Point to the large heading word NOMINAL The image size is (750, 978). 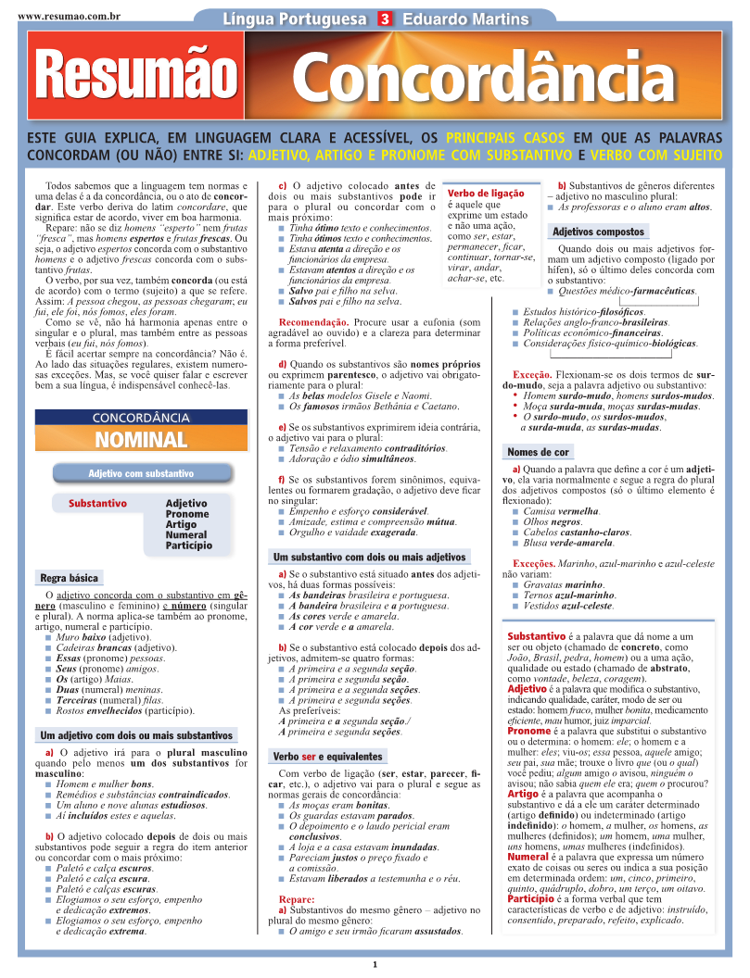(x=140, y=439)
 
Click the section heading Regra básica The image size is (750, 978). (x=69, y=578)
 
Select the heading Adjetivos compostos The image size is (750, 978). (x=598, y=232)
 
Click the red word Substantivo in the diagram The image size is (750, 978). (x=97, y=504)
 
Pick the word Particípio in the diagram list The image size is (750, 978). (x=188, y=545)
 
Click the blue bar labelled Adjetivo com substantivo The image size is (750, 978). (x=141, y=473)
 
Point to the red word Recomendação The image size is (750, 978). (x=306, y=322)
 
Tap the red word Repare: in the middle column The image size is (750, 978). (x=297, y=899)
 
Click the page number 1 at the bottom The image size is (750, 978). (x=375, y=964)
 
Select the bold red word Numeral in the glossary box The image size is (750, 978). (x=528, y=857)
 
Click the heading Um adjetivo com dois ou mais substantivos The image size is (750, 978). (x=135, y=735)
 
